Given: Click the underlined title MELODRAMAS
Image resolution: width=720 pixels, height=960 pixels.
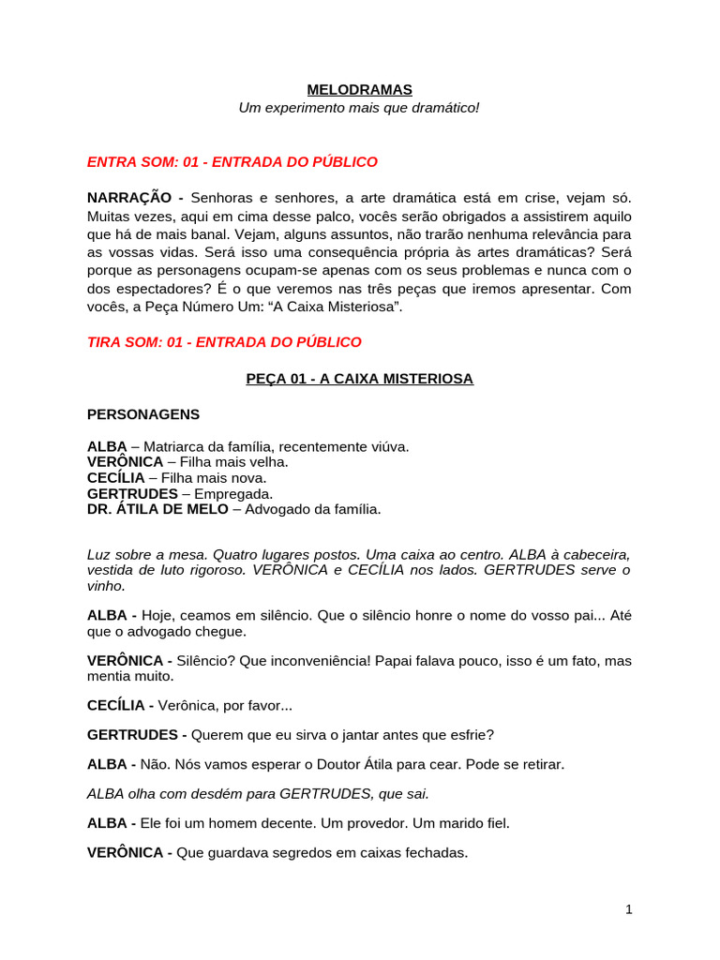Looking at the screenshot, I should point(359,90).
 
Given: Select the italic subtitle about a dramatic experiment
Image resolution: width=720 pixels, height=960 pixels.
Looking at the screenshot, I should point(359,108).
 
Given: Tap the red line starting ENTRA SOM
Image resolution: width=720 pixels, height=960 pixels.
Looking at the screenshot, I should point(232,162).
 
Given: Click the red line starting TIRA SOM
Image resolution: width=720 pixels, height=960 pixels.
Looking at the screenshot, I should point(224,342).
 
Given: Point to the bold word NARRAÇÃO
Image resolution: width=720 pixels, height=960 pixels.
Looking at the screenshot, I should point(129,198).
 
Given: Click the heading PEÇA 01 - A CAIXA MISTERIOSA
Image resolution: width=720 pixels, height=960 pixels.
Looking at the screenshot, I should point(359,379).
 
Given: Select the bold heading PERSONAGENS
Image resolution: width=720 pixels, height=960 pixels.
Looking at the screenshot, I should point(143,414).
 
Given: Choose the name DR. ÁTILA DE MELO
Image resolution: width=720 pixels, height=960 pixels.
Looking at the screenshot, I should point(157,509).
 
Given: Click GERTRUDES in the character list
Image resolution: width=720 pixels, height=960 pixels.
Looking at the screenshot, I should point(132,493).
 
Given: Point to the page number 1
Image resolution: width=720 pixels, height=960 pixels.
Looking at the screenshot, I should point(629,908).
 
